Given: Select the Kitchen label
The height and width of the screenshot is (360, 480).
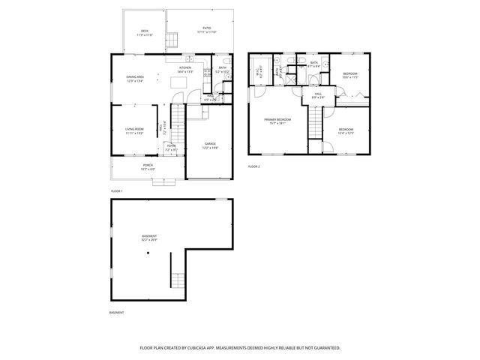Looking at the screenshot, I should tap(184, 68).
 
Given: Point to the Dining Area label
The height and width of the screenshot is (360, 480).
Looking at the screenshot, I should tap(136, 79).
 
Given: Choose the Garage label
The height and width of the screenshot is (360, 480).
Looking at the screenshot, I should tap(210, 146).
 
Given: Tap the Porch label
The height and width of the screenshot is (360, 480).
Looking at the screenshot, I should tap(138, 167).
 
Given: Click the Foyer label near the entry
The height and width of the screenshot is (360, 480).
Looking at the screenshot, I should tap(171, 148).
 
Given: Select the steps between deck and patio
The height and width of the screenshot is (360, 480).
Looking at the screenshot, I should tap(172, 40).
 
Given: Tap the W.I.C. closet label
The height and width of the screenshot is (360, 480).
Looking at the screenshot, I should tap(259, 73).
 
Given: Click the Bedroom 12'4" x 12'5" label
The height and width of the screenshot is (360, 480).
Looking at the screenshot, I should tap(346, 131).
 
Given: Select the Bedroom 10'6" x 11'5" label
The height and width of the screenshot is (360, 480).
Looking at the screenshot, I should tap(350, 75).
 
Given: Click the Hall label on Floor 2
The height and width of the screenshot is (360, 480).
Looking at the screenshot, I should tap(317, 95).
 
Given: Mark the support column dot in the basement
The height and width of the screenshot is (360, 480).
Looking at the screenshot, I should tap(148, 253).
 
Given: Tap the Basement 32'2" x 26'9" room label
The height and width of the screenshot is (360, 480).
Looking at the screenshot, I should tap(150, 238).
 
